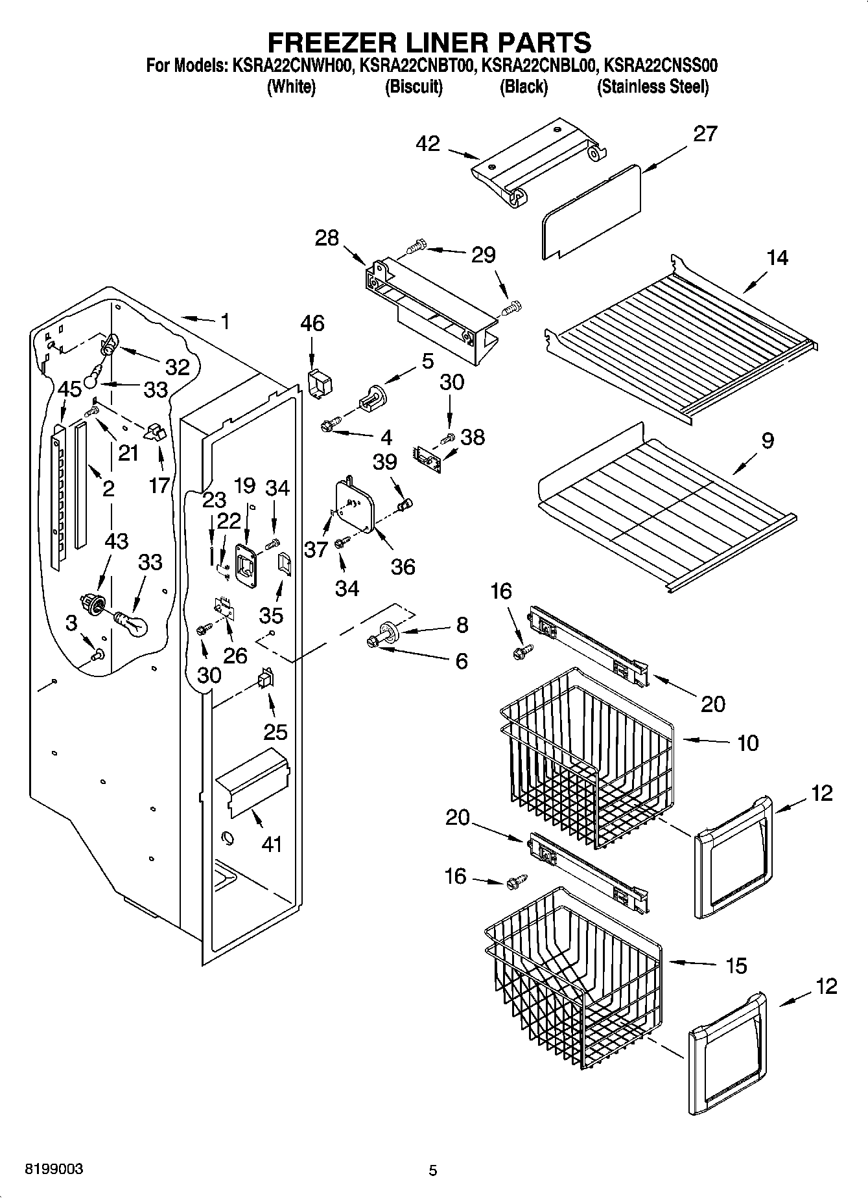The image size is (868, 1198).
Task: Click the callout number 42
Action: pyautogui.click(x=428, y=144)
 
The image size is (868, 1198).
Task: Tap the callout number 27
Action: pyautogui.click(x=705, y=133)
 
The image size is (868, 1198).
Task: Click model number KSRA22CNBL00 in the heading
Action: pyautogui.click(x=538, y=65)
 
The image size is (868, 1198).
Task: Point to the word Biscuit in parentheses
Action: pyautogui.click(x=414, y=87)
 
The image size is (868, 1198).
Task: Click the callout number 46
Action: pyautogui.click(x=312, y=323)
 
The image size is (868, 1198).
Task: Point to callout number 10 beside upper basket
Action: pyautogui.click(x=747, y=743)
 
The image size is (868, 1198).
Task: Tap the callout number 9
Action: pyautogui.click(x=767, y=441)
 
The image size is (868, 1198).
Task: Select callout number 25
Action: pyautogui.click(x=275, y=732)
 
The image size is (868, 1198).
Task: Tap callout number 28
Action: pyautogui.click(x=327, y=238)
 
